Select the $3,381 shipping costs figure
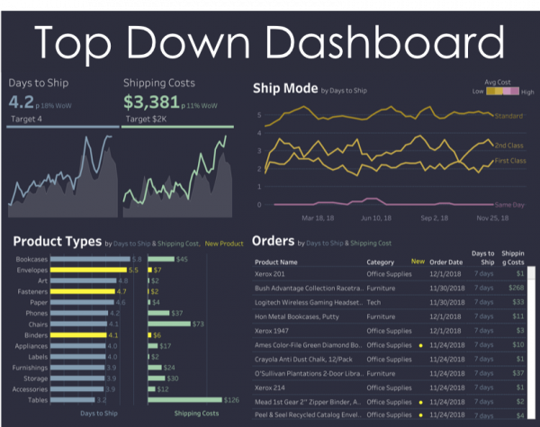(152, 102)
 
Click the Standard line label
(510, 115)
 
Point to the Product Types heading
(57, 242)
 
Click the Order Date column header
(446, 262)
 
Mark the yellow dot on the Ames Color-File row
(419, 344)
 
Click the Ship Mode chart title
(284, 88)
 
